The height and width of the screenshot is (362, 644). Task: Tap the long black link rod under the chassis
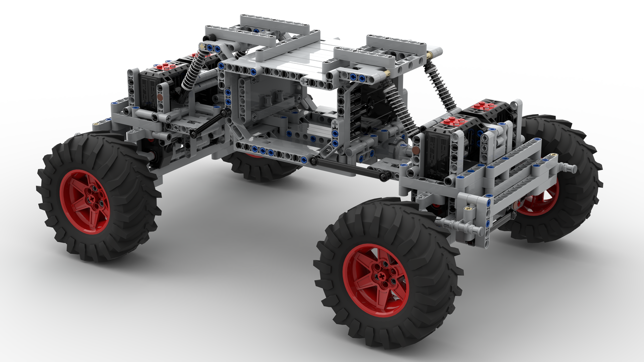coord(347,168)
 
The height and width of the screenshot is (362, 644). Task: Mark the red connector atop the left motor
coord(166,66)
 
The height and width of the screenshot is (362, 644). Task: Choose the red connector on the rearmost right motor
coord(483,106)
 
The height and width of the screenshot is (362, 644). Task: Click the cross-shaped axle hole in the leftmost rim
coord(94,199)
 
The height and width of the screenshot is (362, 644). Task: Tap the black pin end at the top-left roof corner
coord(207,38)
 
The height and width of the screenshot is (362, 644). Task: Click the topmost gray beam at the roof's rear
coord(274,22)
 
